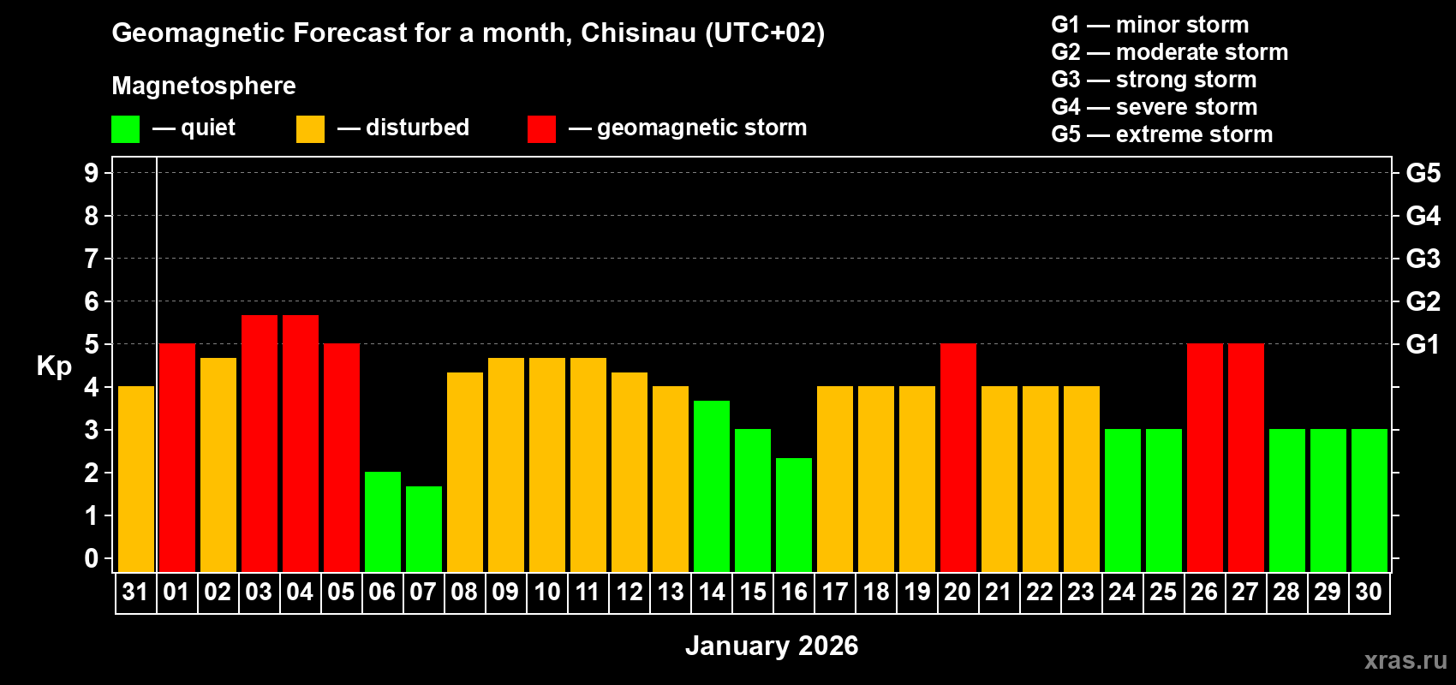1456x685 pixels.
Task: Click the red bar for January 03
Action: pos(260,444)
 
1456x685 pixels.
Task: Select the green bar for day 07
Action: pos(424,529)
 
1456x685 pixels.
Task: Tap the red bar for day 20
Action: pos(958,458)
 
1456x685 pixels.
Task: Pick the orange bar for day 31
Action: pos(136,479)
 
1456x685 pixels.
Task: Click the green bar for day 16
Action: pos(794,515)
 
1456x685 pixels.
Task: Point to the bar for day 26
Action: pos(1205,458)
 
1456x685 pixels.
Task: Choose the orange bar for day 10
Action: pos(547,465)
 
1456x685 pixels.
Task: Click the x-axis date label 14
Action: pos(712,593)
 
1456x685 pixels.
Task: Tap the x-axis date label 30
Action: pos(1369,593)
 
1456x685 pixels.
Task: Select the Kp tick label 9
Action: pos(92,173)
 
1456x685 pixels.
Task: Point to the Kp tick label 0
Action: pos(92,558)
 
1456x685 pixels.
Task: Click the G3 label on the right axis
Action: pos(1423,259)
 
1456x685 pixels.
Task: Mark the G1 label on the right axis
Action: pos(1423,344)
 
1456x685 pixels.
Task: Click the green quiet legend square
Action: pos(126,129)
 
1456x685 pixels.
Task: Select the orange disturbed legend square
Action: pos(311,129)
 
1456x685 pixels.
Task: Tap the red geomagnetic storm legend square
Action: pos(541,129)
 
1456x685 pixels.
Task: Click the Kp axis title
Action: pos(54,366)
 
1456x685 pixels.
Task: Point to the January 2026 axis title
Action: pos(772,646)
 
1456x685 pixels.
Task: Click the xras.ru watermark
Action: pos(1405,660)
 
